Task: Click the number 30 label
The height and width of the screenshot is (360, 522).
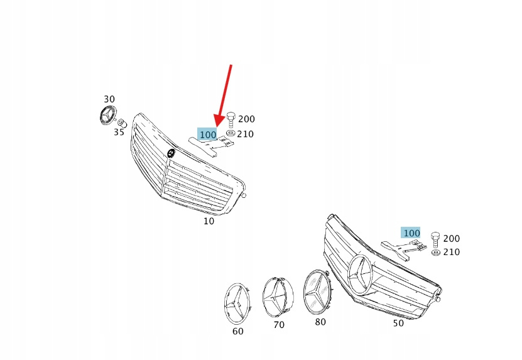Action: tap(109, 99)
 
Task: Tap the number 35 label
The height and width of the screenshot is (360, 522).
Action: tap(119, 132)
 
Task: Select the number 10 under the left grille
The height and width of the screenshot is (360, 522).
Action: tap(209, 221)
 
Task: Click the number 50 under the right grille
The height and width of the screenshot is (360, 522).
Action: tap(398, 323)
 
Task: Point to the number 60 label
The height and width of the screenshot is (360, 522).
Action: tap(237, 331)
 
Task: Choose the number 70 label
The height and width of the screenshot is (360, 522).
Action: tap(279, 325)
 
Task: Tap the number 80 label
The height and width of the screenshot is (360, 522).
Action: tap(320, 322)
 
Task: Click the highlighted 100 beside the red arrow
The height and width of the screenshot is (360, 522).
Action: tap(208, 134)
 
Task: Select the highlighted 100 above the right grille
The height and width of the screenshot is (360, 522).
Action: tap(411, 233)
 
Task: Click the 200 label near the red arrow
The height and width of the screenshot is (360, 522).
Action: tap(247, 119)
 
